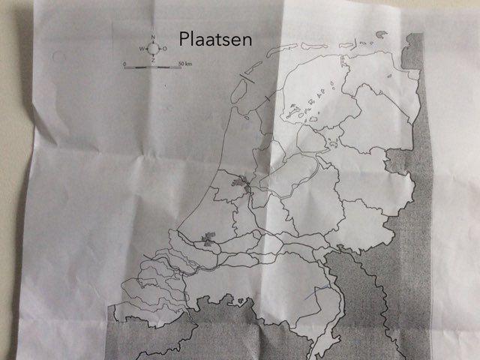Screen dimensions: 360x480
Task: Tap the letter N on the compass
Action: click(152, 37)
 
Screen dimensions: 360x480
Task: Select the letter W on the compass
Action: click(141, 49)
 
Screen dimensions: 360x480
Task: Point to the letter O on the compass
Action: click(164, 49)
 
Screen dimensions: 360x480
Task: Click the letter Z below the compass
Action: click(152, 61)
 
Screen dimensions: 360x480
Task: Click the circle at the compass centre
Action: click(152, 49)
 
